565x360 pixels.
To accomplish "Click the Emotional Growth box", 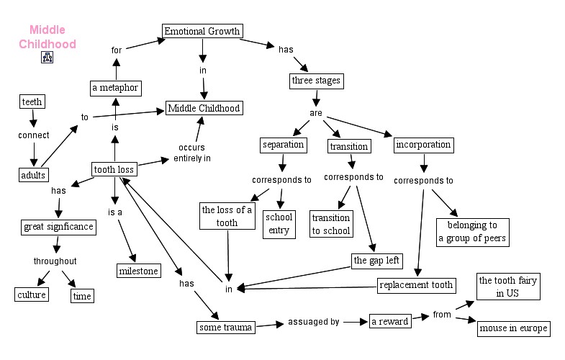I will (201, 31).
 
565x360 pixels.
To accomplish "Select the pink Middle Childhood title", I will (48, 37).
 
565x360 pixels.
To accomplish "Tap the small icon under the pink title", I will (48, 58).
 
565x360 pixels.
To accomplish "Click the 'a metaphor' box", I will (115, 89).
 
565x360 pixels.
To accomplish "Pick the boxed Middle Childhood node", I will (204, 108).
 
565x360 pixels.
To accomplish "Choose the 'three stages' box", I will (315, 80).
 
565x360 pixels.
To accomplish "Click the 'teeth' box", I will (32, 102).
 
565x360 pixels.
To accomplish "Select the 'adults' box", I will (33, 174).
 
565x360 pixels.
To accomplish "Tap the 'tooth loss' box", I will (114, 170).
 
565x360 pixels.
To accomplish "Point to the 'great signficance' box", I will (58, 227).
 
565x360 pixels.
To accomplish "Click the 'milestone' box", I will (138, 270).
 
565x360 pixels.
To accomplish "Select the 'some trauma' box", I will (225, 328).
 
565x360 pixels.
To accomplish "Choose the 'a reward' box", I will (389, 321).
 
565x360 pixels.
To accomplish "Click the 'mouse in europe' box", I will (514, 328).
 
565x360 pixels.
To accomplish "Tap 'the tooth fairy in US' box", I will (508, 287).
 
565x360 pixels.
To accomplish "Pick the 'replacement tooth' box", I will (417, 284).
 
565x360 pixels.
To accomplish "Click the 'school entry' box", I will (279, 223).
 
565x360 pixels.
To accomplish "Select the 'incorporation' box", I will (424, 145).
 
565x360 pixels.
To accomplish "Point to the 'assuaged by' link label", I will (313, 322).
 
